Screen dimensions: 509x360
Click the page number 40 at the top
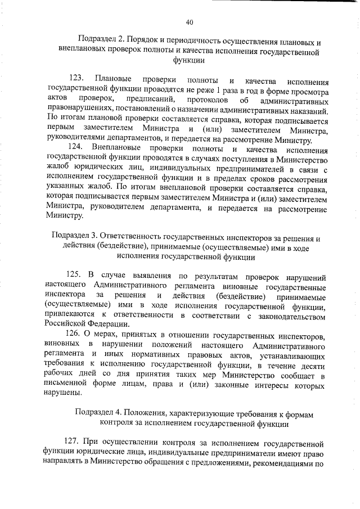click(190, 22)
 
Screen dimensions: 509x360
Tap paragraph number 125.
click(76, 274)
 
